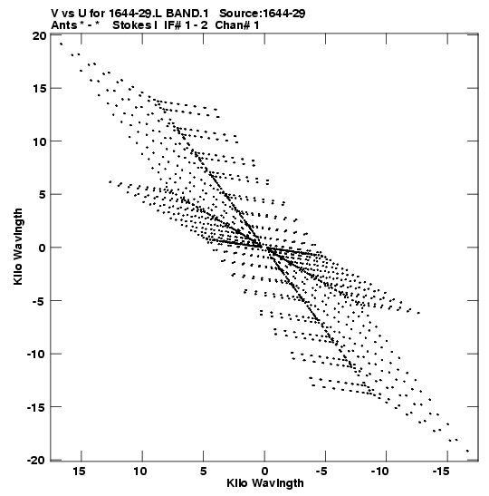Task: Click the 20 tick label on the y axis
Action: (39, 36)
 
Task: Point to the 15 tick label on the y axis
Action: (39, 89)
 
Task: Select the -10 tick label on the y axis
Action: (36, 354)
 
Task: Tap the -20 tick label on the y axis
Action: (36, 461)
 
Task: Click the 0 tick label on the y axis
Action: (43, 248)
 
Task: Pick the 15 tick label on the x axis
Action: (80, 472)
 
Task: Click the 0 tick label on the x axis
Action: (264, 472)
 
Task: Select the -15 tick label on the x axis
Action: (441, 472)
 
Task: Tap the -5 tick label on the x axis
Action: (321, 472)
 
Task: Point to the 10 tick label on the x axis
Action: (140, 472)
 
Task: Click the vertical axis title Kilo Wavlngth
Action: (18, 247)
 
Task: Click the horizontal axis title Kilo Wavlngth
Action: (265, 483)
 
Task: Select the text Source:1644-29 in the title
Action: (263, 14)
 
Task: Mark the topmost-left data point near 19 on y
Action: (61, 44)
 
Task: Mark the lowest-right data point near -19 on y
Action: (467, 451)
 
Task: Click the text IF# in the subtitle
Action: (173, 25)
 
